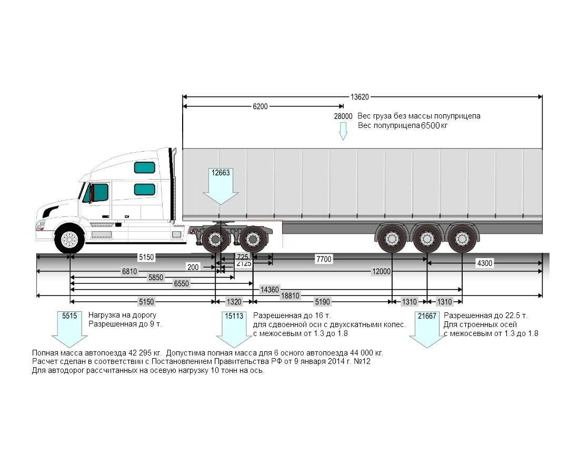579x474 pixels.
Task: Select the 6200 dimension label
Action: pos(260,106)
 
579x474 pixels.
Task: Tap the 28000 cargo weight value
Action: pos(343,116)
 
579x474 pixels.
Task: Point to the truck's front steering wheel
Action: pos(69,240)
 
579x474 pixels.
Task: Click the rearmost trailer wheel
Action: pos(461,239)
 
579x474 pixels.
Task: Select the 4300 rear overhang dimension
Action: pos(484,263)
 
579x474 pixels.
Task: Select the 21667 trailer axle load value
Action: pos(427,316)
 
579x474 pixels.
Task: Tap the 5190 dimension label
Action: pos(322,302)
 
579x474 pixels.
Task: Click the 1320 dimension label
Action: pos(234,302)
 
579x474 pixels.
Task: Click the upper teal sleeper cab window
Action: pos(144,167)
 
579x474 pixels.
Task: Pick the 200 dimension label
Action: pos(193,268)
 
